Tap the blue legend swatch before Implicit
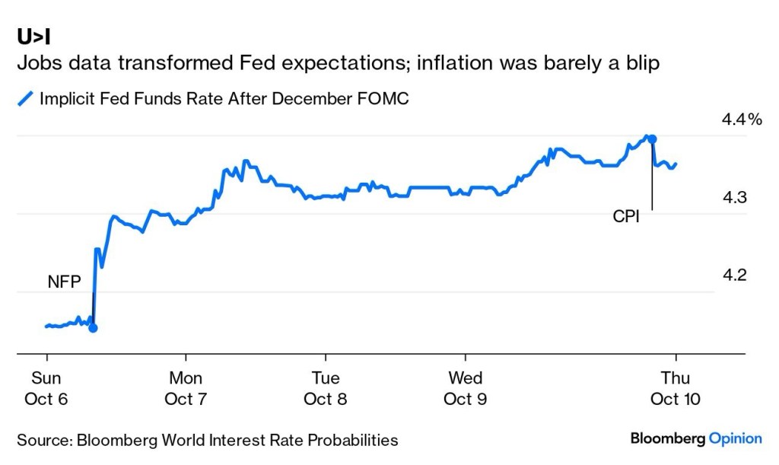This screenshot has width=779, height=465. (x=26, y=99)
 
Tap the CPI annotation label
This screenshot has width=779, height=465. (x=626, y=217)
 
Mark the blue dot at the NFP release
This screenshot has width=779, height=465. (x=93, y=328)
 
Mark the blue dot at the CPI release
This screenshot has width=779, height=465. (x=652, y=139)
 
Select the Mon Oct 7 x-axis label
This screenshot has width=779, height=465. (x=186, y=388)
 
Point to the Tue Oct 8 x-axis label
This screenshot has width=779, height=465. (x=326, y=388)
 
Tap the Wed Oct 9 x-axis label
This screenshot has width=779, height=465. (x=466, y=388)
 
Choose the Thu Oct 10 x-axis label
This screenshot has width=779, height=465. (x=676, y=388)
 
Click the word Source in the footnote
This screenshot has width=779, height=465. (x=42, y=440)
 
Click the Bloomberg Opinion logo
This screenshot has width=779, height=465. (x=695, y=438)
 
